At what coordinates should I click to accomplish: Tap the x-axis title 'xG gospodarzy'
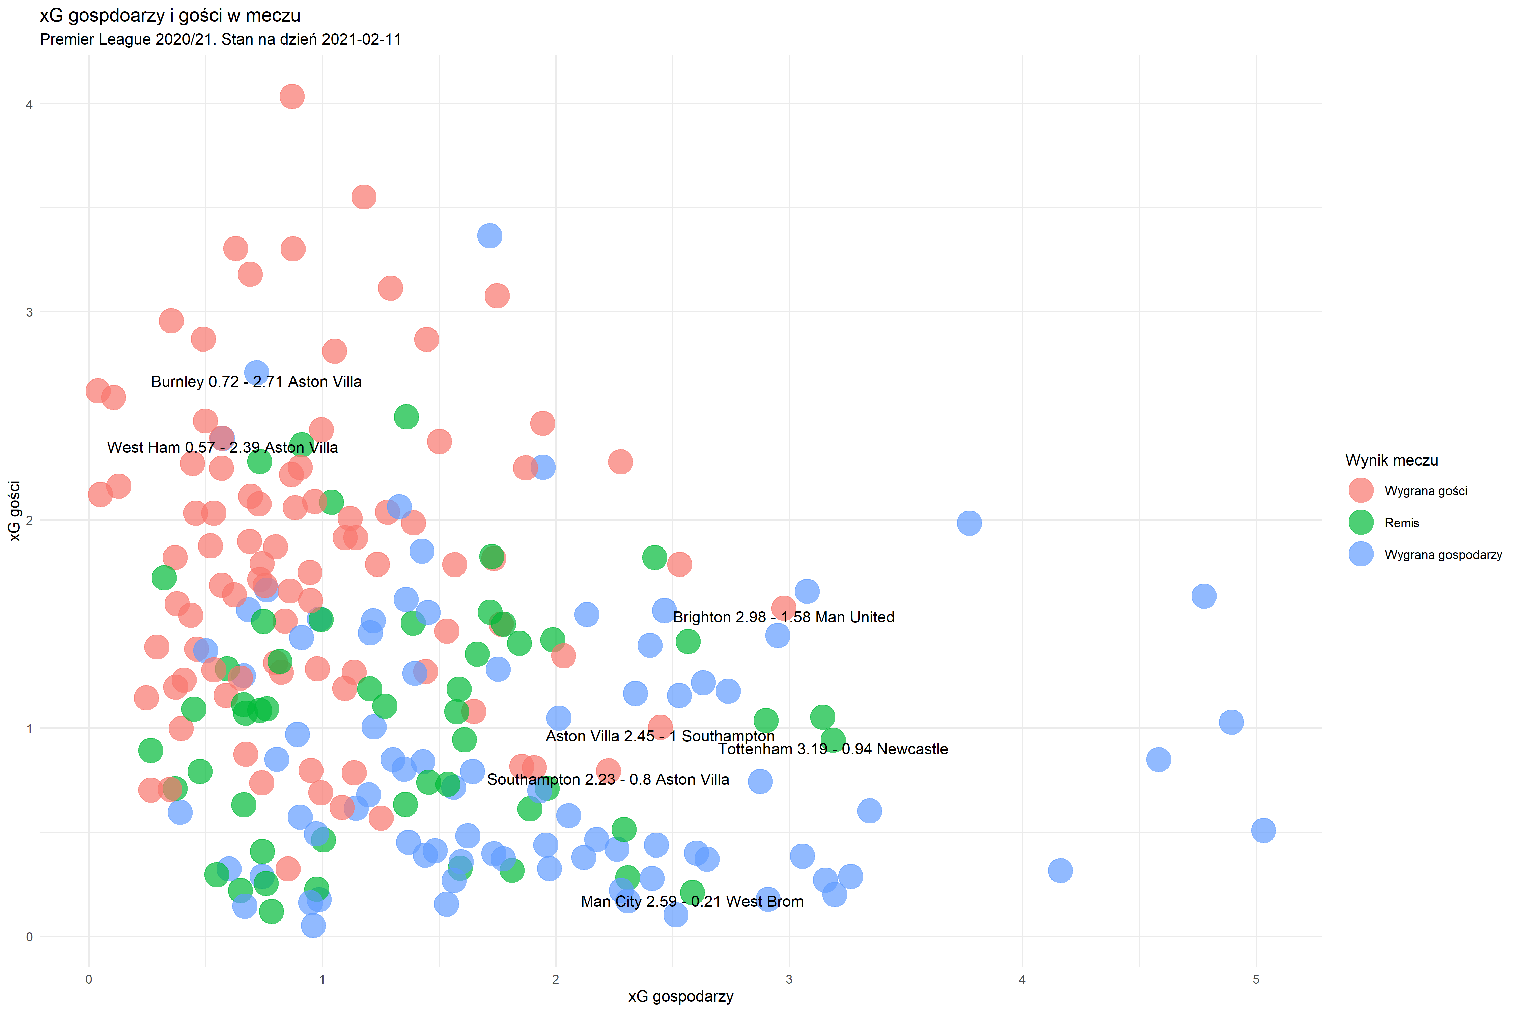point(680,996)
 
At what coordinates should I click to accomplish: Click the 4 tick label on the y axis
point(29,104)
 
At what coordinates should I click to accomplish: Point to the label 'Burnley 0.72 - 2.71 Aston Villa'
point(256,382)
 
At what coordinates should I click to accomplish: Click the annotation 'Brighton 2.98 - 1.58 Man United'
point(784,617)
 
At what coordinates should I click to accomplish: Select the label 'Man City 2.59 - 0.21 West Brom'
point(692,902)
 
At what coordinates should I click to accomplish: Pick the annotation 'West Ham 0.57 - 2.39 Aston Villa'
point(222,447)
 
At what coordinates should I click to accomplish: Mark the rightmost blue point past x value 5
point(1263,831)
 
